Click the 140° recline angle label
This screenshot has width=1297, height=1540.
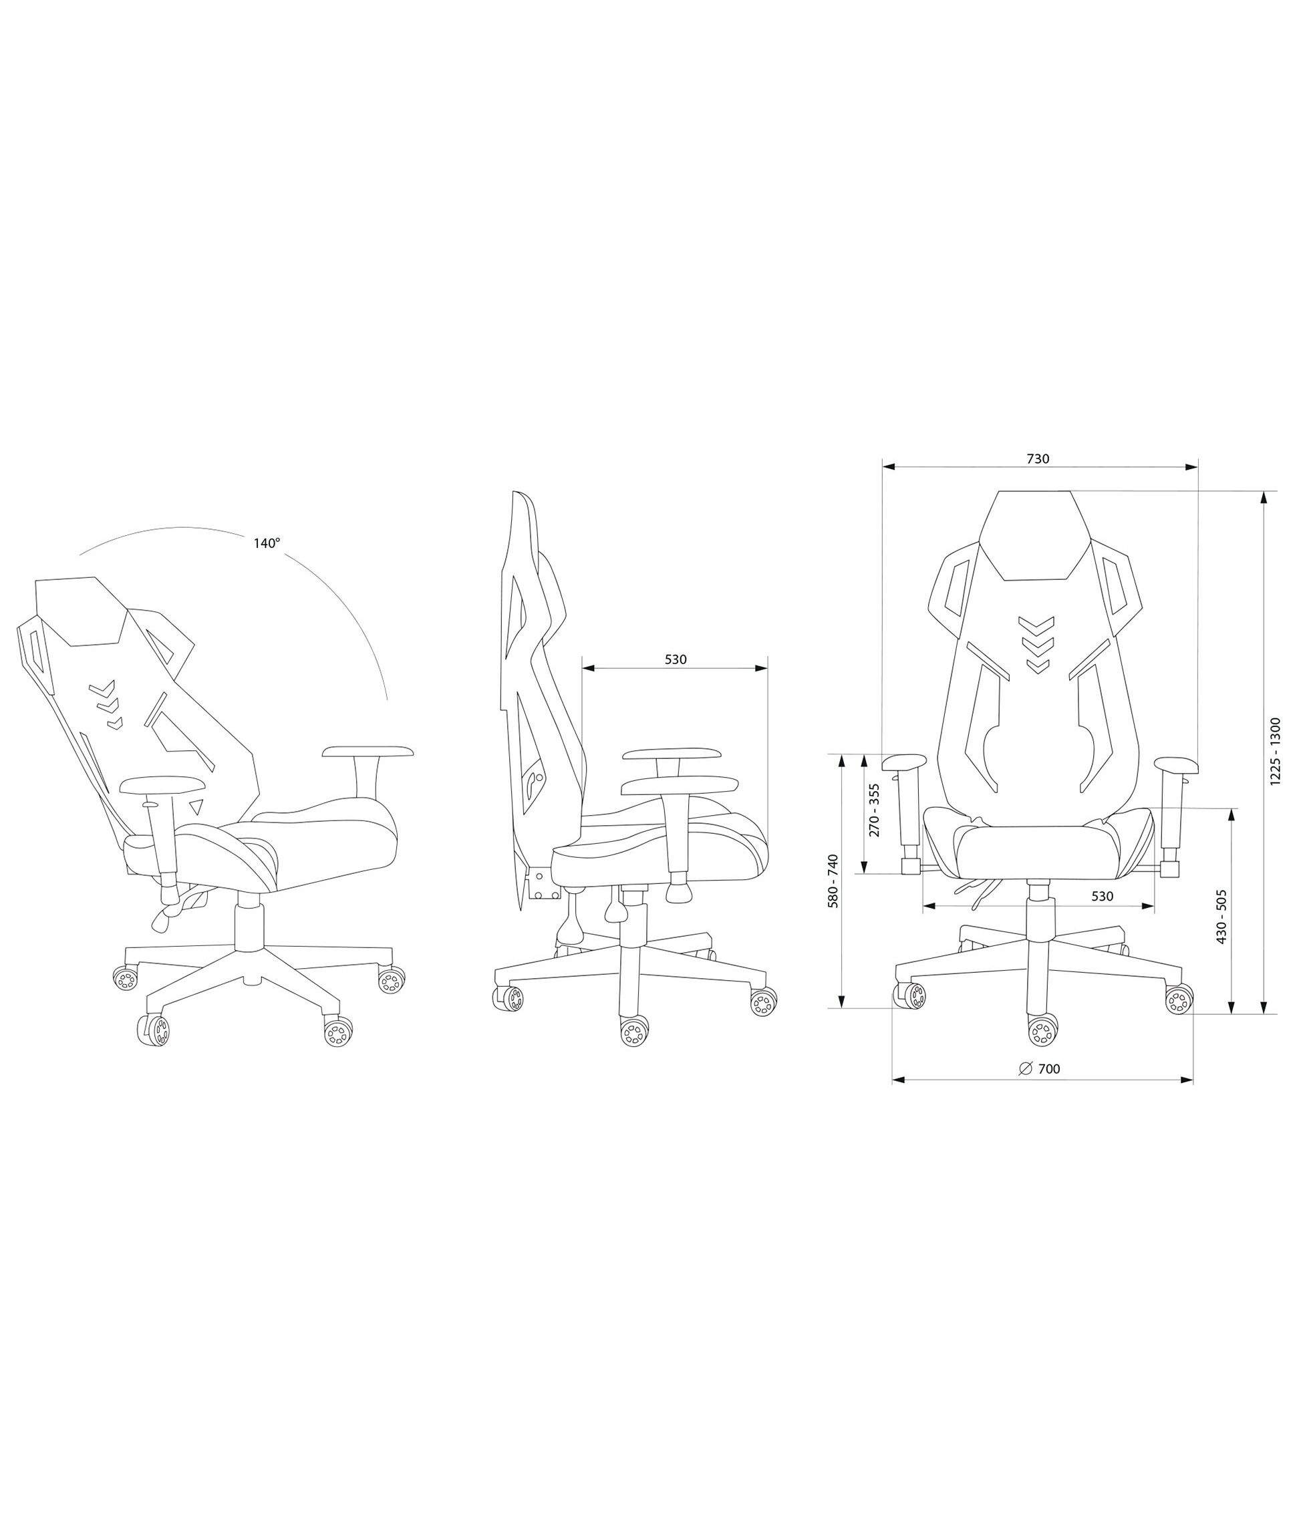(267, 543)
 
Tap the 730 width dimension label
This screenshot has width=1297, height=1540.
(1038, 459)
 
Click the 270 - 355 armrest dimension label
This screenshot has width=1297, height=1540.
(874, 810)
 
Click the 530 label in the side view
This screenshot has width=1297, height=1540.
(676, 659)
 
